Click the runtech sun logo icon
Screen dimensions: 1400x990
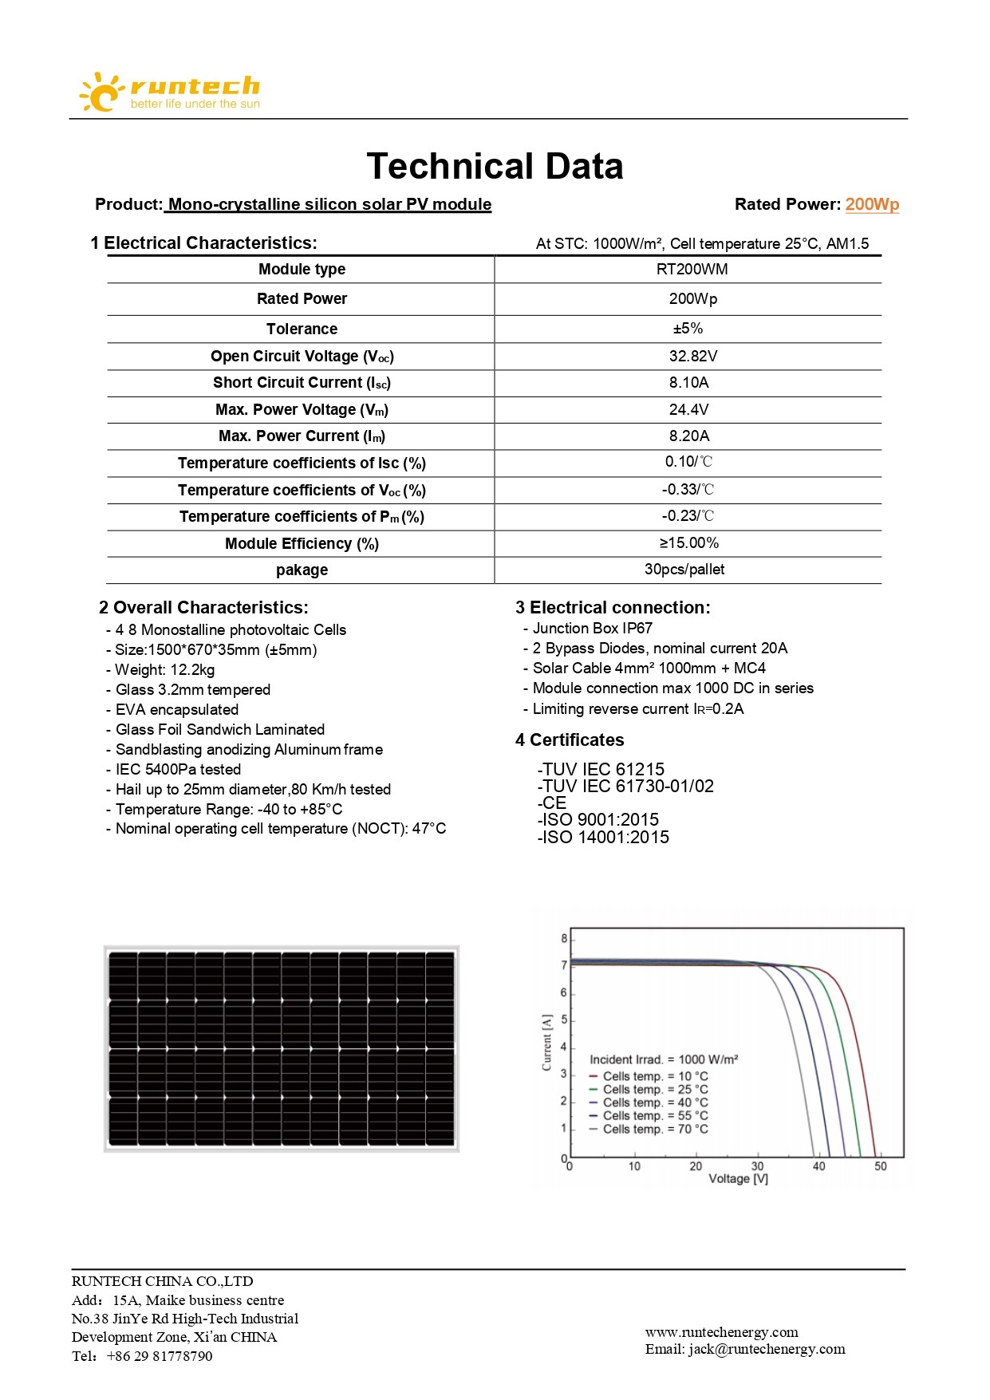coord(100,92)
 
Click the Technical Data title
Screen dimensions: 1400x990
coord(495,167)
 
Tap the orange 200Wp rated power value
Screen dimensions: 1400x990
coord(872,204)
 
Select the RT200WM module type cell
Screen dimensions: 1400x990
coord(692,270)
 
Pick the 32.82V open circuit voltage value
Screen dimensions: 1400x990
coord(692,357)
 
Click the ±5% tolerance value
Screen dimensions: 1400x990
coord(688,329)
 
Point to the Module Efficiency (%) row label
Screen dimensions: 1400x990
coord(302,544)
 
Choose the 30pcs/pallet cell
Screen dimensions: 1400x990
coord(684,570)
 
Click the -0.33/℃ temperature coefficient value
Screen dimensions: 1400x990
coord(688,490)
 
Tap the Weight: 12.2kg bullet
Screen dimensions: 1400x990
coord(164,670)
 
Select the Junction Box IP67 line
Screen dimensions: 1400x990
coord(592,629)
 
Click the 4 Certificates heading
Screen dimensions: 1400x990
coord(570,740)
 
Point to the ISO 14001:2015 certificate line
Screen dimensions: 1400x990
coord(604,838)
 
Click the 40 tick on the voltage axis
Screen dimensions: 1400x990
coord(819,1166)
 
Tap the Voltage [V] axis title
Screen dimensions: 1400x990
coord(738,1179)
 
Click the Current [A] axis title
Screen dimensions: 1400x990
coord(546,1042)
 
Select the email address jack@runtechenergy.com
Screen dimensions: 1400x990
coord(767,1349)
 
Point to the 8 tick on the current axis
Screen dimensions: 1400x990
coord(564,939)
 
